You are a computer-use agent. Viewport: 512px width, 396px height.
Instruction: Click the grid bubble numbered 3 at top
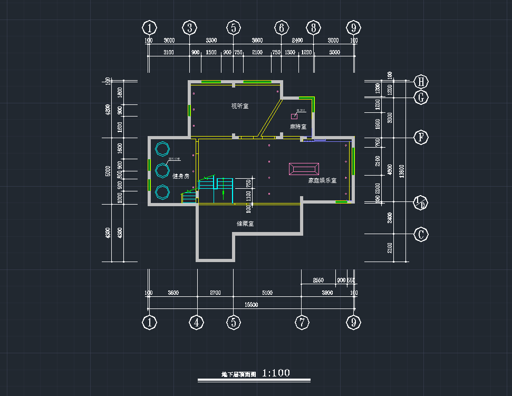coord(190,27)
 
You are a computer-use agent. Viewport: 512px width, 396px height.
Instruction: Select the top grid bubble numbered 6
coord(282,27)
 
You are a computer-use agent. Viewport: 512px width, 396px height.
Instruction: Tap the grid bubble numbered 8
coord(313,27)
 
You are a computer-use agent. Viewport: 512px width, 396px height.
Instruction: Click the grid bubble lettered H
coord(421,82)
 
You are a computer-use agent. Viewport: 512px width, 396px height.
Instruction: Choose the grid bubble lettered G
coord(421,98)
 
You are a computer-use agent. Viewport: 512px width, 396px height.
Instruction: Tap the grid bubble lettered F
coord(421,138)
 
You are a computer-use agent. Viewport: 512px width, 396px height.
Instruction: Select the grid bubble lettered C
coord(421,234)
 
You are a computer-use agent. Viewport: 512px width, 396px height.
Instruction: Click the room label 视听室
coord(239,106)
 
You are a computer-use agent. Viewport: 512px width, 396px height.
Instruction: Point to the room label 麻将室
coord(298,127)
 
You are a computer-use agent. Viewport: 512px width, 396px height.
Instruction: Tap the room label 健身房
coord(180,176)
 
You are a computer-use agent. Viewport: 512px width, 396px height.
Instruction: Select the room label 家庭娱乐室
coord(322,180)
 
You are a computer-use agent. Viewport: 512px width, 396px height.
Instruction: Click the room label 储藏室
coord(245,224)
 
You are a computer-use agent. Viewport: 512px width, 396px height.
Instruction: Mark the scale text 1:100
coord(276,373)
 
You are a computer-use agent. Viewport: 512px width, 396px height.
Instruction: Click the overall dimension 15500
coord(251,305)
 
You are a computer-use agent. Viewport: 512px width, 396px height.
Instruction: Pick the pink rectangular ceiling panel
coord(304,169)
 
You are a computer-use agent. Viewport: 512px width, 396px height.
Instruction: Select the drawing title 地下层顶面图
coord(239,374)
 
